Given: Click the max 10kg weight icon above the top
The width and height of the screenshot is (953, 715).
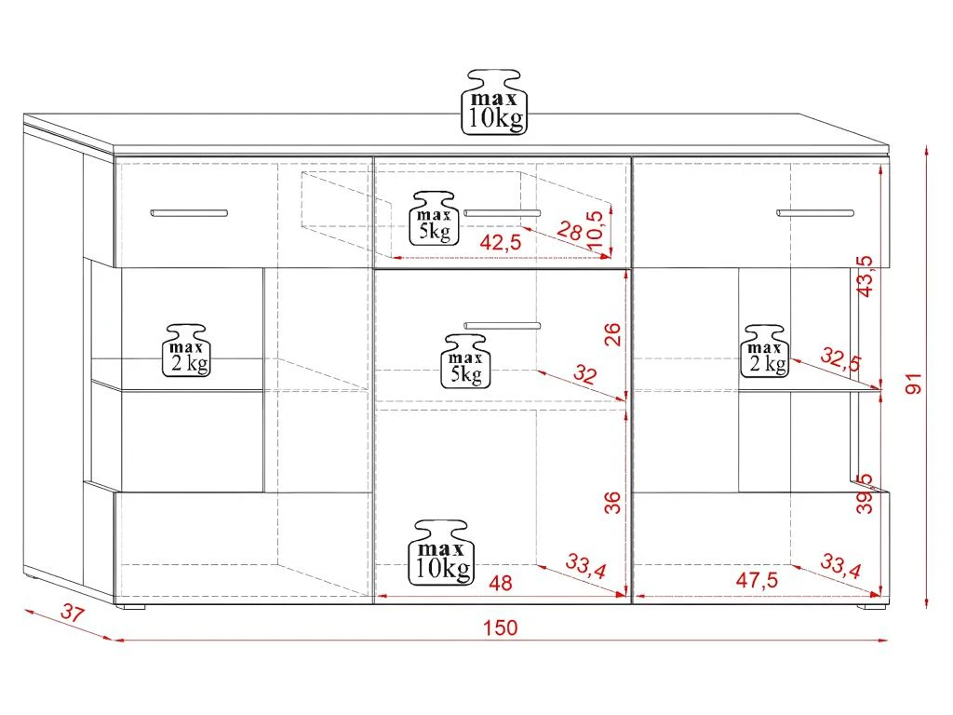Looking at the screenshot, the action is pyautogui.click(x=494, y=101).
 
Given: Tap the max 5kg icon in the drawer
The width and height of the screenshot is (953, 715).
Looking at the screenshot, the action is pyautogui.click(x=434, y=219).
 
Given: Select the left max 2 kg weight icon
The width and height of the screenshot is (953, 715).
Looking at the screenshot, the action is pyautogui.click(x=186, y=350).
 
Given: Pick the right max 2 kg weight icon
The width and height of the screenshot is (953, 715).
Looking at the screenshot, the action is pyautogui.click(x=764, y=351).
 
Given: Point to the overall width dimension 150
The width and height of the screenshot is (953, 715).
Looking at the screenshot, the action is pyautogui.click(x=500, y=627).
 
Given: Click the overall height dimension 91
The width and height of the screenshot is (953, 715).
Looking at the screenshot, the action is pyautogui.click(x=914, y=384).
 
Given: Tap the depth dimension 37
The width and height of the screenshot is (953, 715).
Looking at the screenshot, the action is pyautogui.click(x=73, y=613).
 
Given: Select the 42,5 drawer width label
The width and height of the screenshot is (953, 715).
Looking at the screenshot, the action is pyautogui.click(x=500, y=242).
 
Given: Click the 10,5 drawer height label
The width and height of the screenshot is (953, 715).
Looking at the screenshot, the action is pyautogui.click(x=596, y=229).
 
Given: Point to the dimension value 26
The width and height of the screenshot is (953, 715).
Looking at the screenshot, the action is pyautogui.click(x=612, y=335).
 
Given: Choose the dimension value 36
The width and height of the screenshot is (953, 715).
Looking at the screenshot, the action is pyautogui.click(x=612, y=503).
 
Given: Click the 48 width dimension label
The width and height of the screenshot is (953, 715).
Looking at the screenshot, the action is pyautogui.click(x=500, y=583).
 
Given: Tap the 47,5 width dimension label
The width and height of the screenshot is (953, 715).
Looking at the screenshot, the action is pyautogui.click(x=757, y=580).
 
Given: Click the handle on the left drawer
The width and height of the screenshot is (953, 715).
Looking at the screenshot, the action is pyautogui.click(x=189, y=213).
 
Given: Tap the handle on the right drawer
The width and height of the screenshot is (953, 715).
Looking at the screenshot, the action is pyautogui.click(x=815, y=213).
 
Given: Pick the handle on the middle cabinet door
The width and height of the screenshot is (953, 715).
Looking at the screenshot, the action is pyautogui.click(x=502, y=326).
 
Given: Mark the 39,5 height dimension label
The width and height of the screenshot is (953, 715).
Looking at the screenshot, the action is pyautogui.click(x=865, y=493).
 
